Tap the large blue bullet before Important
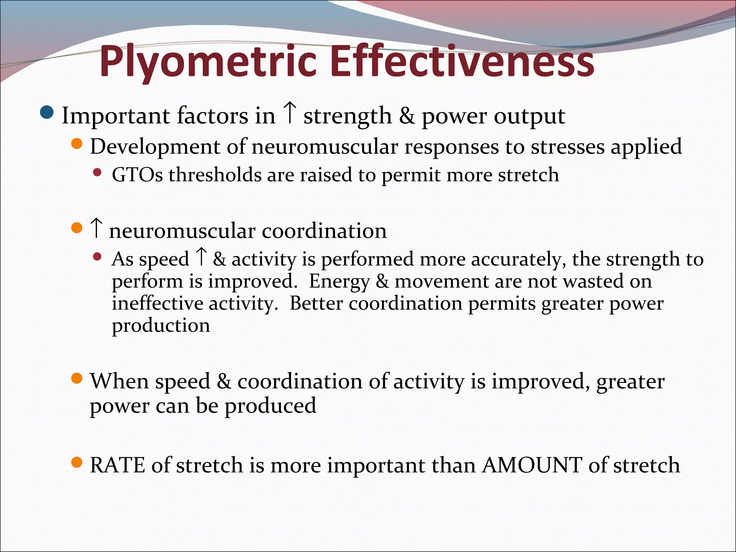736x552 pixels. tap(47, 113)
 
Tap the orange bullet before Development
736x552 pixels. tap(77, 144)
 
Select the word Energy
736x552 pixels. tap(339, 282)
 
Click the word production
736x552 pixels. tap(161, 326)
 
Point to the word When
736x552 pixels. tap(119, 381)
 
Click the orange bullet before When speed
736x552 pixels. tap(77, 378)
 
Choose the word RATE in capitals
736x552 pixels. tap(117, 465)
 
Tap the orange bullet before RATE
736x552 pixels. tap(77, 462)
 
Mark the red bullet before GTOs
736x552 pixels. tap(97, 173)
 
